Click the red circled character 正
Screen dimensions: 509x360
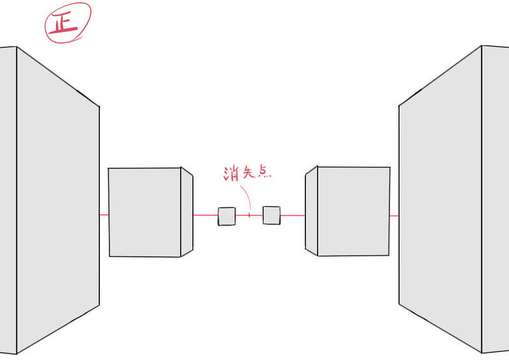click(x=64, y=25)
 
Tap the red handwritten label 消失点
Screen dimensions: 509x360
click(x=247, y=173)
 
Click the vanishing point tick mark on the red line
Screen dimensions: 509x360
click(x=249, y=215)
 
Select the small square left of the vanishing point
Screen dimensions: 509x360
click(x=227, y=216)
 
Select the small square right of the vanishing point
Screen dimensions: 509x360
click(x=272, y=215)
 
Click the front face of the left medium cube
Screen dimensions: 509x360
click(x=144, y=212)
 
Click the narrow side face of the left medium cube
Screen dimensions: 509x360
click(x=187, y=212)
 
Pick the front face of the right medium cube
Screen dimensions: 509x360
click(x=354, y=211)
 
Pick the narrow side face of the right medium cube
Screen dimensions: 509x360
click(x=311, y=211)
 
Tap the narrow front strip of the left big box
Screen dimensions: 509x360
click(x=8, y=200)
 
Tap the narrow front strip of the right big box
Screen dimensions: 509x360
click(x=496, y=199)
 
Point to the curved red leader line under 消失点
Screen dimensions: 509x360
click(x=247, y=197)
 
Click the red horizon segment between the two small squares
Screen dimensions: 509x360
click(x=249, y=215)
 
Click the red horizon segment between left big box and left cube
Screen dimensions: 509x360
click(x=104, y=214)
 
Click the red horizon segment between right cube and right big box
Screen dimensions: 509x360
click(x=394, y=216)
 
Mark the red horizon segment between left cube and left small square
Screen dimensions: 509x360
click(x=206, y=215)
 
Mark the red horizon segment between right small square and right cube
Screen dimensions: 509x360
click(x=293, y=215)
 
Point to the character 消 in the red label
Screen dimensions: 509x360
click(x=231, y=174)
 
